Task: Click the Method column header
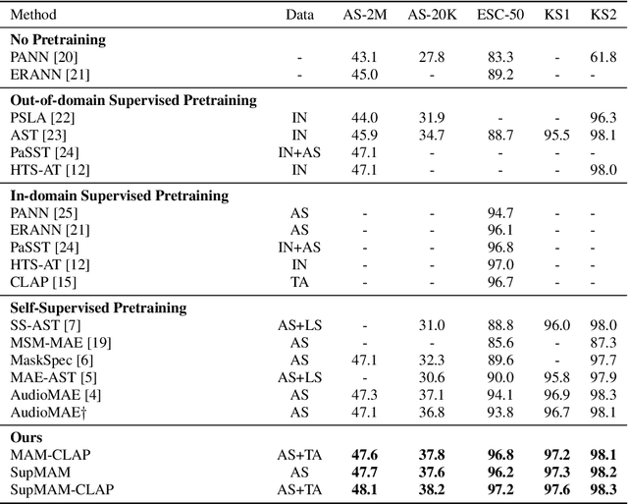[x=34, y=16]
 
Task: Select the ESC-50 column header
[x=499, y=16]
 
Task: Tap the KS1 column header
[x=556, y=16]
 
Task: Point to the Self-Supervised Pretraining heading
[x=98, y=308]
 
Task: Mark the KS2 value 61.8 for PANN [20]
[x=602, y=58]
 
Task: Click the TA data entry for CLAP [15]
[x=299, y=282]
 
